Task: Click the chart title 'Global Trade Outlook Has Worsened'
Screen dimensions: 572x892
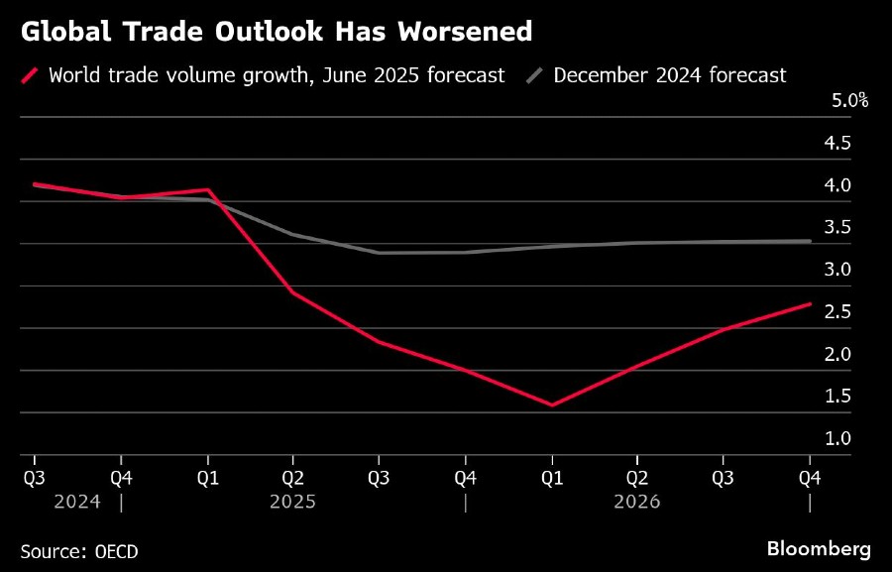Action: pos(277,32)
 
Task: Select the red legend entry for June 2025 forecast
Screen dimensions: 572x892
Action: pos(264,75)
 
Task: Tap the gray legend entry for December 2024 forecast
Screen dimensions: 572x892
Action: pos(659,75)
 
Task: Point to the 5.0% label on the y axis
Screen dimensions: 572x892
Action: pos(849,100)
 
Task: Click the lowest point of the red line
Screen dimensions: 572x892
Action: pos(552,405)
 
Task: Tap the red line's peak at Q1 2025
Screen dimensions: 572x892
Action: pos(207,189)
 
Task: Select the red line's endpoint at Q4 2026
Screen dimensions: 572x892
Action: pos(811,303)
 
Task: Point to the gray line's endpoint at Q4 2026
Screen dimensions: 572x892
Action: pos(811,241)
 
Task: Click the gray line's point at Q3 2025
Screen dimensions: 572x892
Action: pos(380,253)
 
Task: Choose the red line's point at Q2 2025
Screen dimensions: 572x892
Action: pos(293,292)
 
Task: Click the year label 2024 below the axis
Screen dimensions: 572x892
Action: pos(76,502)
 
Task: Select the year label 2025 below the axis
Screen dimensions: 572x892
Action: pos(292,502)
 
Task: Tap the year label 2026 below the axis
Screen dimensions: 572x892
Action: pos(637,502)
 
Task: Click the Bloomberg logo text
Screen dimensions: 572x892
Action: pos(819,548)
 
